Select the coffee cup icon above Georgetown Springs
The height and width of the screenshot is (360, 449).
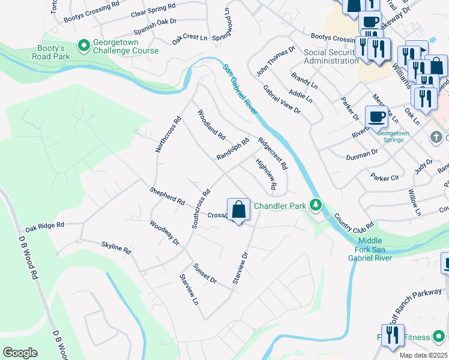coord(376,116)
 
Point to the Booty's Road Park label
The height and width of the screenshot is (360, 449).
coord(50,52)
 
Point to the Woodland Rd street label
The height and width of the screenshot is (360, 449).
coord(211,124)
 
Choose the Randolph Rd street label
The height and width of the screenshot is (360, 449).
coord(232,149)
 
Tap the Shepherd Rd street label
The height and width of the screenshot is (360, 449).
coord(167,196)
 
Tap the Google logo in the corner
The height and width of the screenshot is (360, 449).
coord(20,353)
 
